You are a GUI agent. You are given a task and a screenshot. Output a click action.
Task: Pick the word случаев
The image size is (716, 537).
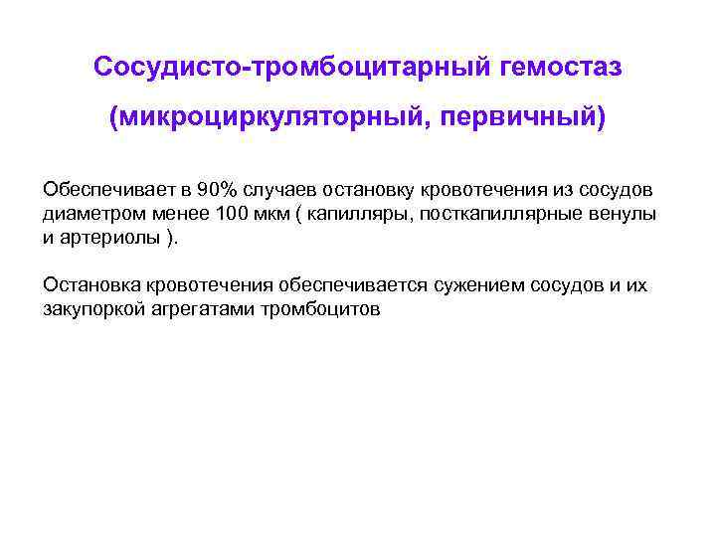[280, 189]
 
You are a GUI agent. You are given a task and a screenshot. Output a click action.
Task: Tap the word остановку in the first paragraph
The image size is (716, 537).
[361, 189]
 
